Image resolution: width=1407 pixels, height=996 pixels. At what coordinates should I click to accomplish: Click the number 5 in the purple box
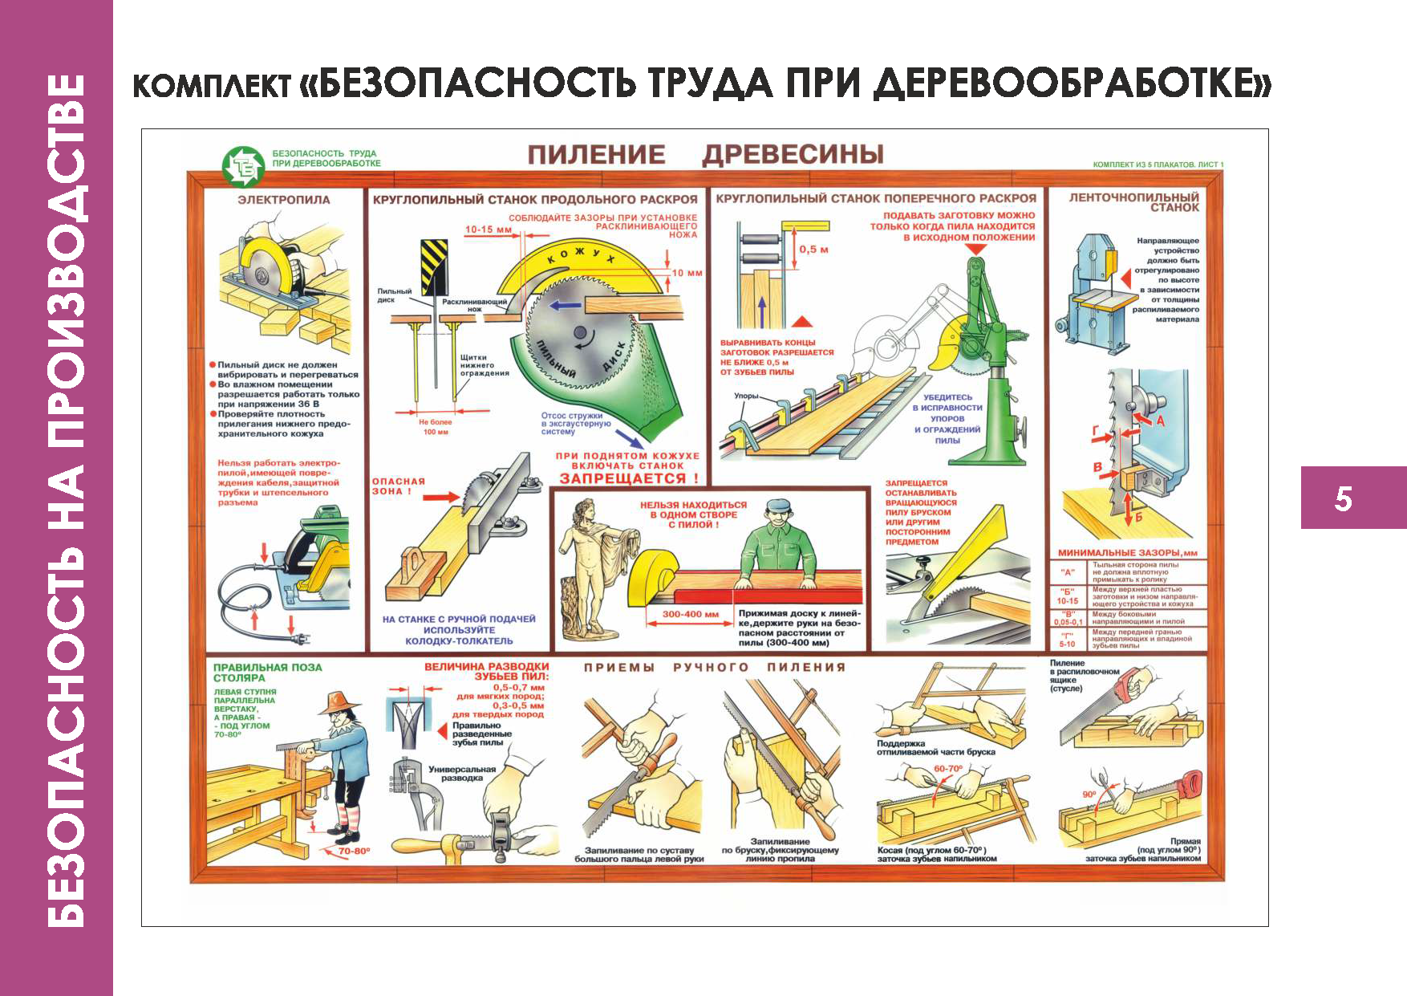pyautogui.click(x=1343, y=498)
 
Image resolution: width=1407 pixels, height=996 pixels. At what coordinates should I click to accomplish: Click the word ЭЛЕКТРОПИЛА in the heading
pyautogui.click(x=283, y=200)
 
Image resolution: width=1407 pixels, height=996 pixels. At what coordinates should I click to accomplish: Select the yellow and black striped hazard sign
pyautogui.click(x=434, y=268)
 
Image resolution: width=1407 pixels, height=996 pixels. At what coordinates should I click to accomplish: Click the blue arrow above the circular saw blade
pyautogui.click(x=566, y=306)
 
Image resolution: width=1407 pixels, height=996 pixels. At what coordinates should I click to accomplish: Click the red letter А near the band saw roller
pyautogui.click(x=1160, y=420)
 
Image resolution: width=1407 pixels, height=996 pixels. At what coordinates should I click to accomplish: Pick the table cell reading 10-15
pyautogui.click(x=1067, y=600)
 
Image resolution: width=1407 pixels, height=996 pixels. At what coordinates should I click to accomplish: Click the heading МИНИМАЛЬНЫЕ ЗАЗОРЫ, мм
pyautogui.click(x=1127, y=553)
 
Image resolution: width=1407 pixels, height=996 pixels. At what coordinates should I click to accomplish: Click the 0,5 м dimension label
pyautogui.click(x=813, y=250)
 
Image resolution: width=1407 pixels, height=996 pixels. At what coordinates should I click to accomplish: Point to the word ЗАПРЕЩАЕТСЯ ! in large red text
pyautogui.click(x=629, y=478)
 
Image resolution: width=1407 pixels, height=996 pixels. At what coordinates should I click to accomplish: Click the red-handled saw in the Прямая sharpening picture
pyautogui.click(x=1187, y=783)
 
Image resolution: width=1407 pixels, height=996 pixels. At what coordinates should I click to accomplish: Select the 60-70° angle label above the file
pyautogui.click(x=947, y=768)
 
